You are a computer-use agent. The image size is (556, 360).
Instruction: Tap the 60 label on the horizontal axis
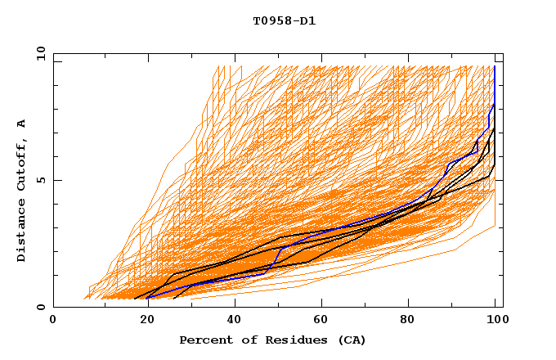click(323, 321)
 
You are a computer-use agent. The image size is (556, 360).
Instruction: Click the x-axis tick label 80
click(413, 321)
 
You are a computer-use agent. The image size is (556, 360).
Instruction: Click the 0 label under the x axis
click(53, 321)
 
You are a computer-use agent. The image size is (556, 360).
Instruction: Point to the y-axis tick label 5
click(40, 180)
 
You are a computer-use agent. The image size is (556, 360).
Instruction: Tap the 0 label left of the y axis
click(40, 307)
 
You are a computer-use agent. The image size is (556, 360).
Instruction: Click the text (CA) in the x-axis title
click(352, 340)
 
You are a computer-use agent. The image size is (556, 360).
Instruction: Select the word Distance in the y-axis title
click(22, 232)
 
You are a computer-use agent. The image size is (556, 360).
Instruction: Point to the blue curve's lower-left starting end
click(147, 298)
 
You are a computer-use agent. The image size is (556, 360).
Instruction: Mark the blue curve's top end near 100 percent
click(495, 67)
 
